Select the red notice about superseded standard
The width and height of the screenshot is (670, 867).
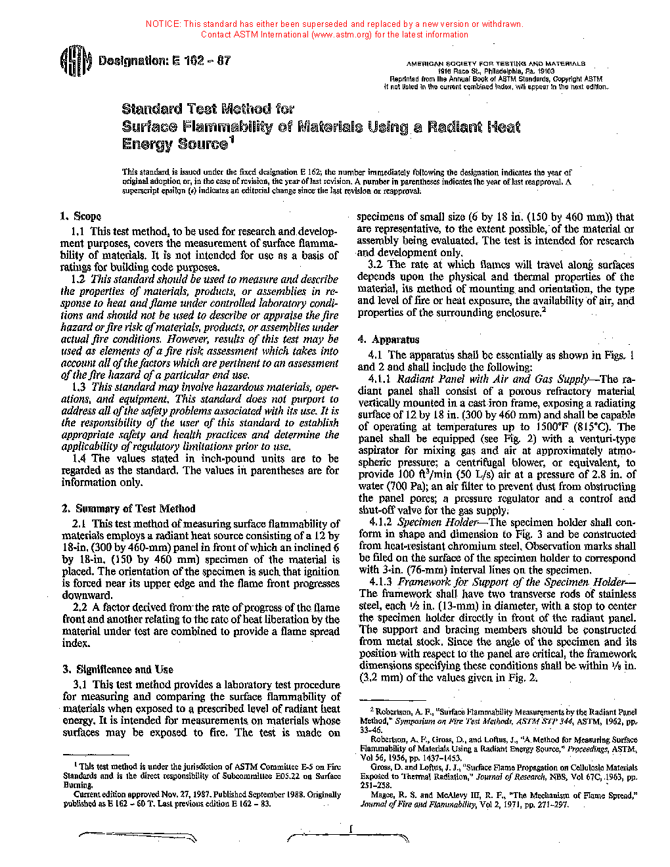point(334,29)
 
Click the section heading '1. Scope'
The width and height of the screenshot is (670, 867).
point(80,216)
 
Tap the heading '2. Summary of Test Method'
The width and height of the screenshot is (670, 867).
point(128,508)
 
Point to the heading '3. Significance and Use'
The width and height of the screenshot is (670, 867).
point(118,669)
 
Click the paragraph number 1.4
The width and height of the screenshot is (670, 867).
point(79,458)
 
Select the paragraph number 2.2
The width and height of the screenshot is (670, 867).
point(79,608)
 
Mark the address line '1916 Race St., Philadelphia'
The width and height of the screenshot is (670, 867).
point(497,71)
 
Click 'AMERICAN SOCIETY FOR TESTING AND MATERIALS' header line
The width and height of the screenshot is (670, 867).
point(496,64)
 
